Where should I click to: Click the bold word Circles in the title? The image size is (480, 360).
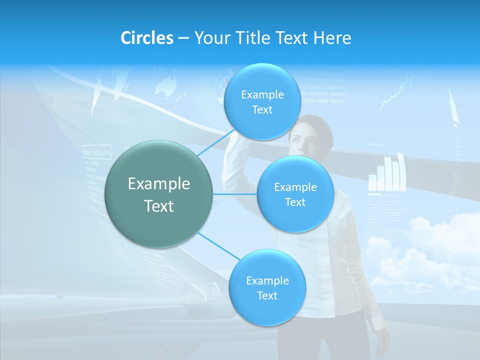147,38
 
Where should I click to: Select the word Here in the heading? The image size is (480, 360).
332,38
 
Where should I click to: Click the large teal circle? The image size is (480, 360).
159,194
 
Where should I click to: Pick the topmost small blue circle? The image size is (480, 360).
262,102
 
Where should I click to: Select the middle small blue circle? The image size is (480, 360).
295,194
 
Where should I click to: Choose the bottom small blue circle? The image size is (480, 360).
267,287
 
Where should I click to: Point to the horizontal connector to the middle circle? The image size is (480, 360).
235,194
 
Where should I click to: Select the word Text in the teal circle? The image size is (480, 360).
159,206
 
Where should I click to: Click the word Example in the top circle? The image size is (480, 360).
262,94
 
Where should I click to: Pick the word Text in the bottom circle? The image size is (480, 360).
267,295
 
